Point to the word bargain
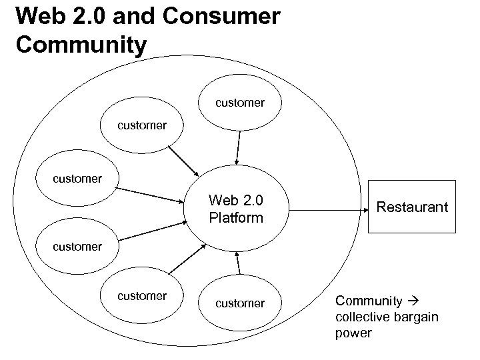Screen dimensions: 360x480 pyautogui.click(x=415, y=316)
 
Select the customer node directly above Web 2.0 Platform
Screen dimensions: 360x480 pyautogui.click(x=239, y=103)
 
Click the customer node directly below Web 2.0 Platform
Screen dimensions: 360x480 pyautogui.click(x=239, y=304)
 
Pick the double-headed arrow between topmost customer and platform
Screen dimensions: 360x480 pyautogui.click(x=237, y=146)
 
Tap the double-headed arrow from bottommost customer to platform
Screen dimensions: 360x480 pyautogui.click(x=237, y=263)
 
